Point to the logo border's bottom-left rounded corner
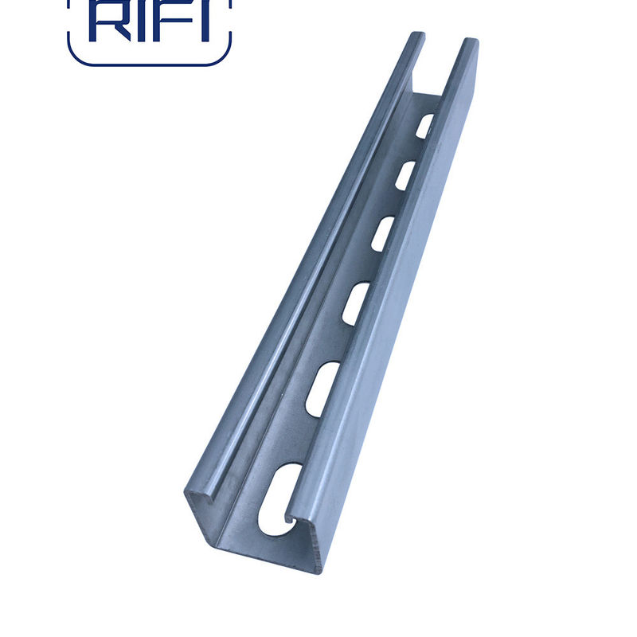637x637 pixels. click(75, 57)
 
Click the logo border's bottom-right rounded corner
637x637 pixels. click(223, 57)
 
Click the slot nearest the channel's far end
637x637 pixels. click(424, 126)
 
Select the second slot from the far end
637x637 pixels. click(405, 176)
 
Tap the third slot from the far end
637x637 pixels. click(383, 234)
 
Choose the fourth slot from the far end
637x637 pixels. click(356, 304)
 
